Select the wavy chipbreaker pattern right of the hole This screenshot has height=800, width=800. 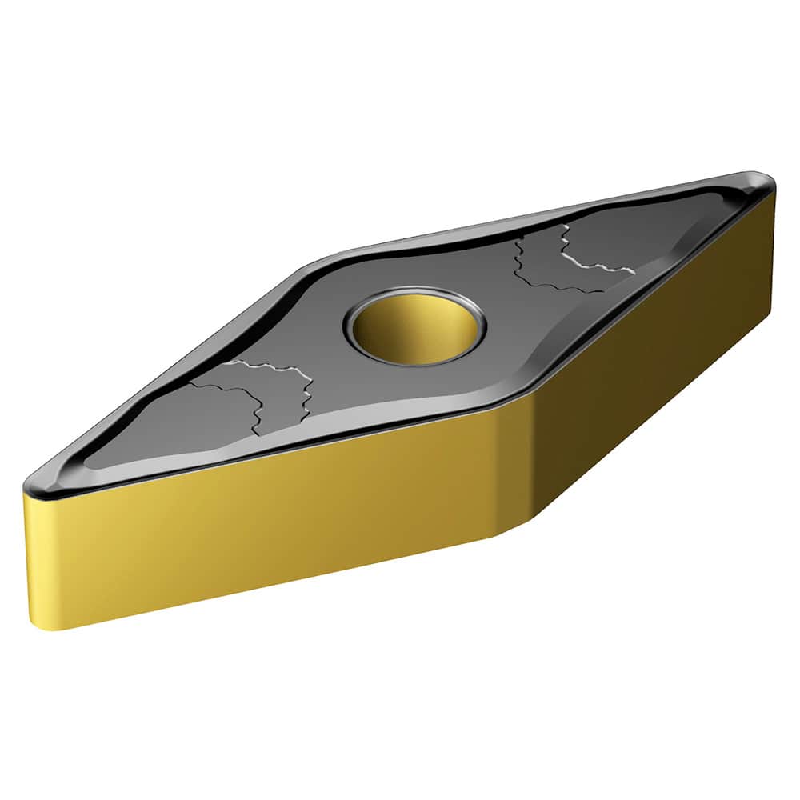click(568, 260)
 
